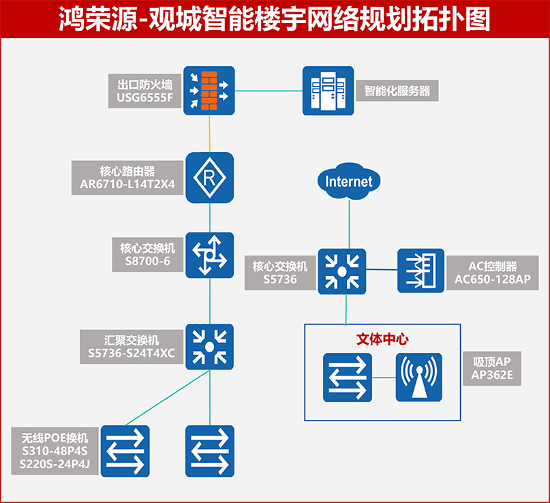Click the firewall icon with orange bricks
click(209, 89)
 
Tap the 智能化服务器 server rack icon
click(329, 90)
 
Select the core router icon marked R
click(209, 177)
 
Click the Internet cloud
click(348, 181)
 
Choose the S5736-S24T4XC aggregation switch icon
click(209, 346)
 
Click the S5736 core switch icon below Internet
click(341, 271)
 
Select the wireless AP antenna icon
click(419, 378)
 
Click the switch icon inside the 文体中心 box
click(348, 378)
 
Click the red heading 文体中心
click(382, 339)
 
